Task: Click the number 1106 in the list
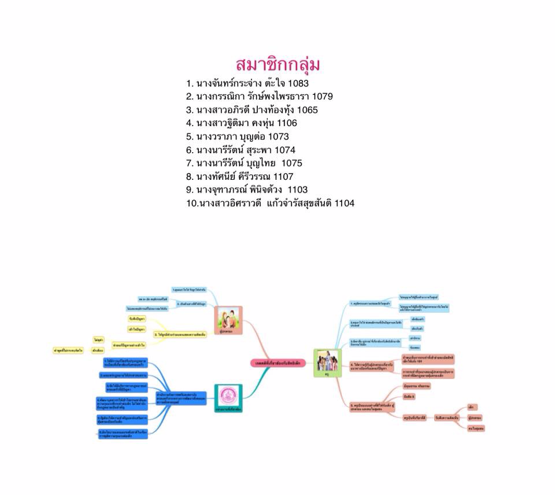[x=286, y=123]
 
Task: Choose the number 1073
[x=277, y=136]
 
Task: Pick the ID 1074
[x=284, y=150]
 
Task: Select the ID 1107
[x=283, y=176]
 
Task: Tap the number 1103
[x=297, y=190]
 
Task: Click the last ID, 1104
[x=343, y=203]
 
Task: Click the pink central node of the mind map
[x=277, y=363]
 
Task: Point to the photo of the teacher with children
[x=327, y=363]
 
